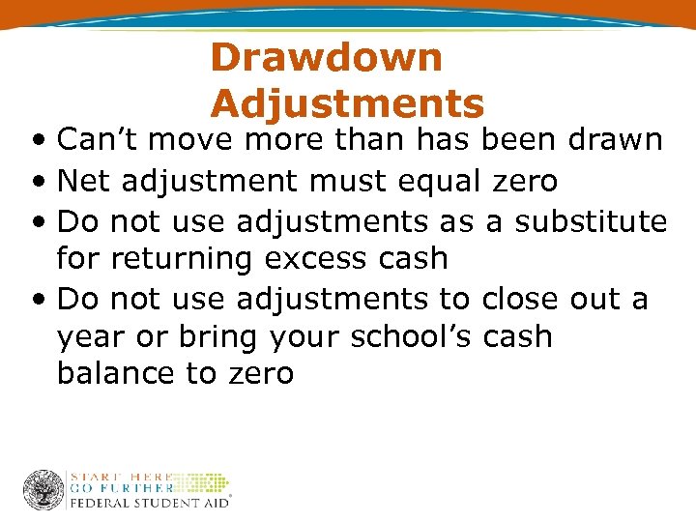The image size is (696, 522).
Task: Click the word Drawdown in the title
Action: point(326,57)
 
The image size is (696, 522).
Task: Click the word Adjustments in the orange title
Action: point(347,102)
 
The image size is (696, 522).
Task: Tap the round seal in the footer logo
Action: point(43,490)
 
